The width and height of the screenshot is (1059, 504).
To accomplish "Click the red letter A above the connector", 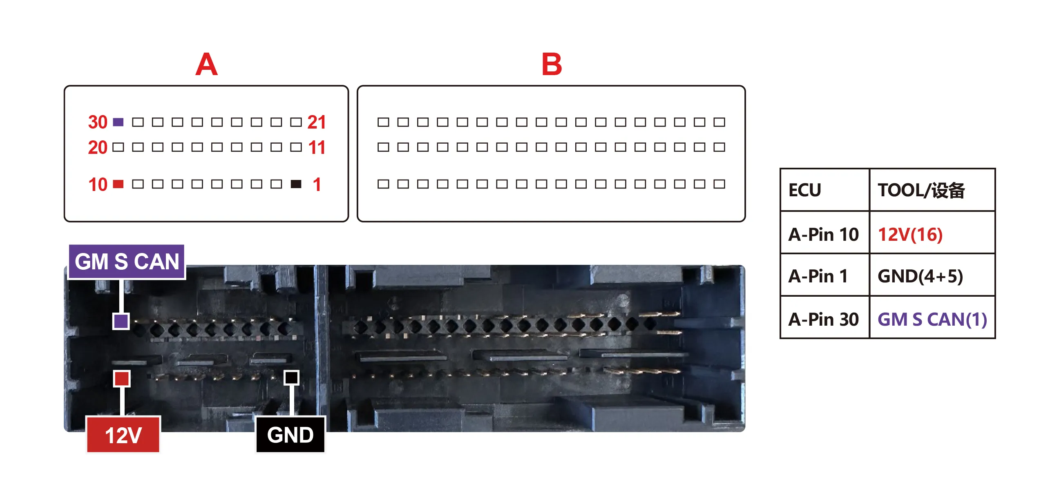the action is point(206,64).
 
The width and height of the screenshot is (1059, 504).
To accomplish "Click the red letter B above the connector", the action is point(552,64).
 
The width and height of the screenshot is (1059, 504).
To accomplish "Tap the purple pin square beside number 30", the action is point(118,122).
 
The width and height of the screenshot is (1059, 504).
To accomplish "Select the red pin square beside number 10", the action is point(118,184).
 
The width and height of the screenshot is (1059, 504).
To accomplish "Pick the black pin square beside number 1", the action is point(296,184).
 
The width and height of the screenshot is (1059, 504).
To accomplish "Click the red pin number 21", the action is point(317,122).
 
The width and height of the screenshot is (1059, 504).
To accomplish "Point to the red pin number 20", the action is point(98,147).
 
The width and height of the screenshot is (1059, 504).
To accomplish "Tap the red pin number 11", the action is point(317,147).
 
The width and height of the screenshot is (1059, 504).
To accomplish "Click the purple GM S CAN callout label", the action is point(127,262).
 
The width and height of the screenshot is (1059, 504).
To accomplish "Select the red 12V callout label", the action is point(123,435).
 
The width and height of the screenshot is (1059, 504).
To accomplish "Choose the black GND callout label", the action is point(290,435).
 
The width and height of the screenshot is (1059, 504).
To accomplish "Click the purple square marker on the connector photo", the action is point(121,321).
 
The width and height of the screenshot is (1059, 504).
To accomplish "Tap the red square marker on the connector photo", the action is point(122,378).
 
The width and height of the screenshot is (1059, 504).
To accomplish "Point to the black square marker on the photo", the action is point(291,377).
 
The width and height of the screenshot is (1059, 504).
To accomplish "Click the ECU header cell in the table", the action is point(824,190).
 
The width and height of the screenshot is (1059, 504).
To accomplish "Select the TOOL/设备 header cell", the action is point(932,190).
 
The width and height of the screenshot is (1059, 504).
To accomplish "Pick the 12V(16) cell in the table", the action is point(932,234).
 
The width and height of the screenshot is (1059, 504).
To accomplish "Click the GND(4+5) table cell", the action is point(932,275).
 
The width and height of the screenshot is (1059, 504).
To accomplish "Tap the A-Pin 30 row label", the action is point(824,319).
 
